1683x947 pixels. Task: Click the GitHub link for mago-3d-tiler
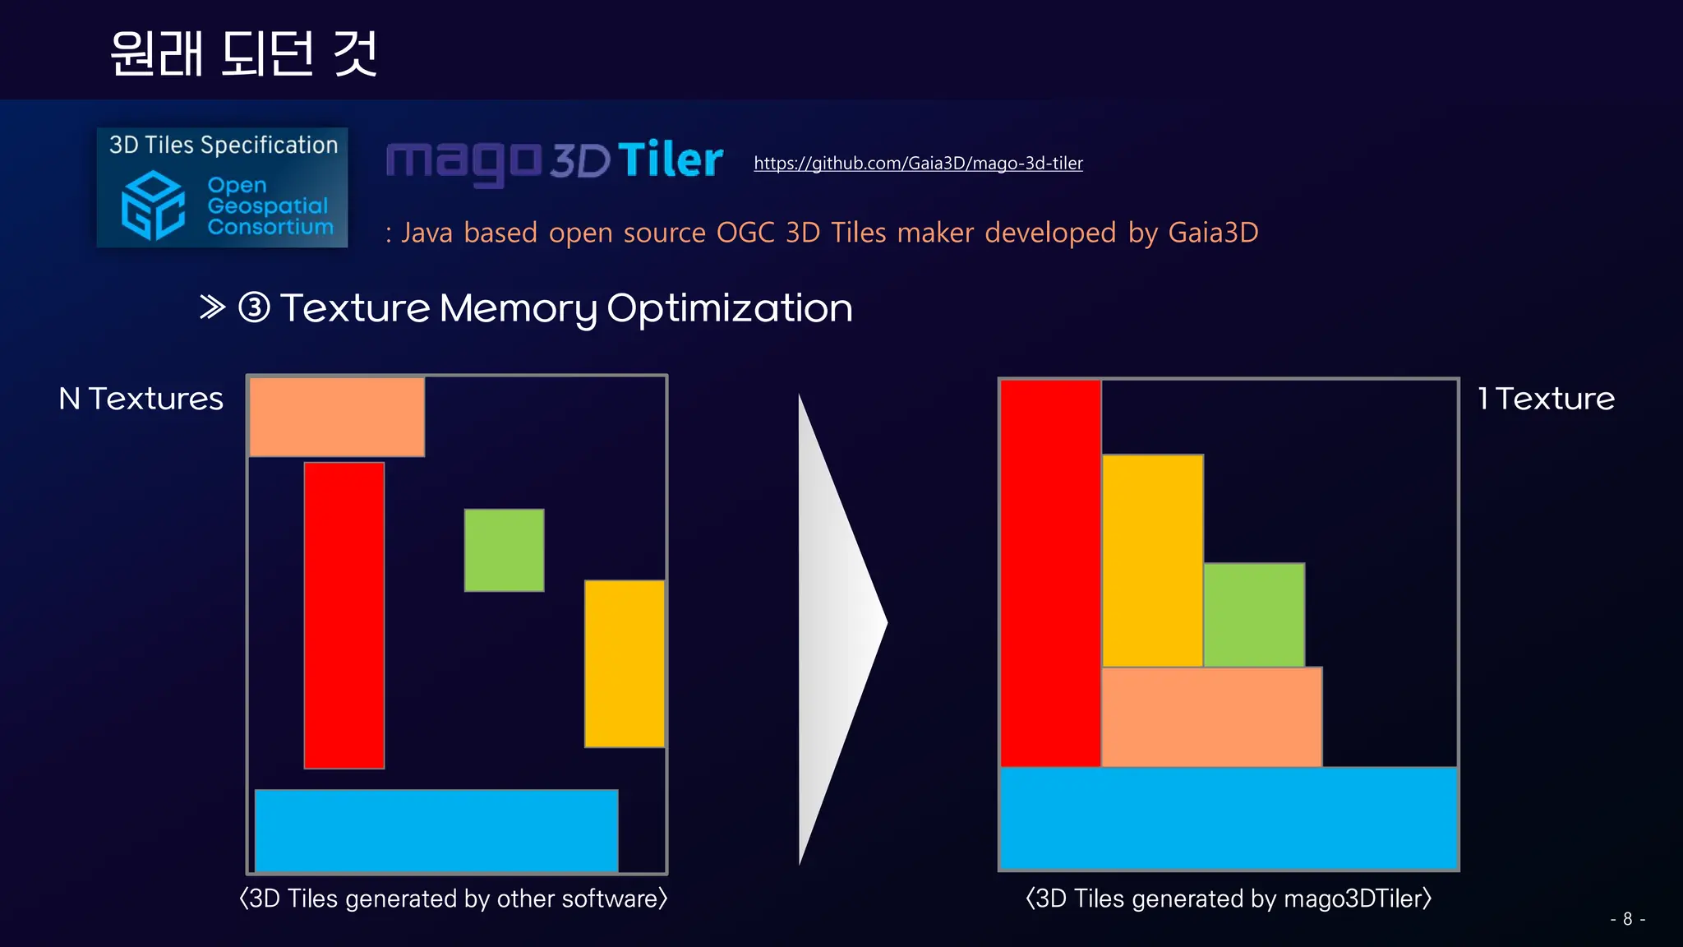[918, 164]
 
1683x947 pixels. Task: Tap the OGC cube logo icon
[153, 206]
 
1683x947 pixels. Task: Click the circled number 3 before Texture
[254, 308]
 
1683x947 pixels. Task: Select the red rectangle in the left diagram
[344, 615]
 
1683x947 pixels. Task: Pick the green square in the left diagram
[504, 550]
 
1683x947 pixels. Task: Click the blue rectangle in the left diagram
[436, 830]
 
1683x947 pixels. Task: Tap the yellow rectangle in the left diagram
[625, 663]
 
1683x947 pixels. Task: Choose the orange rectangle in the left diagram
[337, 417]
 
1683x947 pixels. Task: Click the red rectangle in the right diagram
[1050, 573]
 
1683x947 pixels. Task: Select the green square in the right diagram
[1254, 615]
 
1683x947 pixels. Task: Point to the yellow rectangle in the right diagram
[1152, 560]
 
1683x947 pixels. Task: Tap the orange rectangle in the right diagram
[1211, 717]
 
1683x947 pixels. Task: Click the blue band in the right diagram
[1229, 818]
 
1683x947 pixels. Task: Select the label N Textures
[141, 399]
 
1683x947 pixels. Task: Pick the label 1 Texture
[1546, 399]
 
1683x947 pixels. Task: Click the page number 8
[1627, 919]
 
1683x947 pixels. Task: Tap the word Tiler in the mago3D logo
[670, 159]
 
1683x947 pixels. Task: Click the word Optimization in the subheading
[729, 309]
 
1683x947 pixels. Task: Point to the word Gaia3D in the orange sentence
[1213, 233]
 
